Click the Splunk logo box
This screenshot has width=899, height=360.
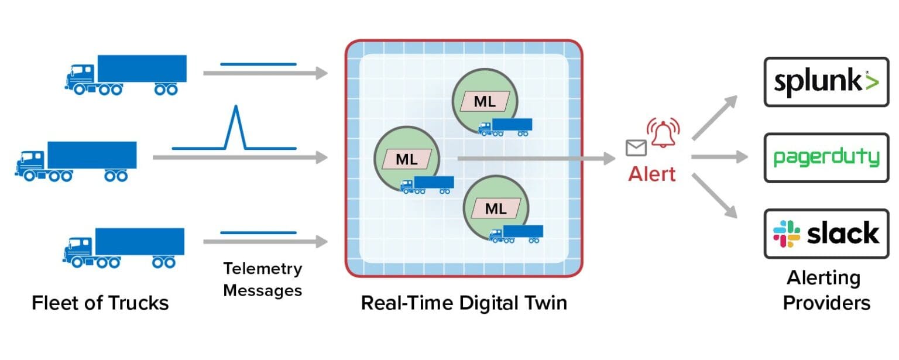[x=826, y=81]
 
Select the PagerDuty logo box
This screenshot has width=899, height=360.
[x=826, y=157]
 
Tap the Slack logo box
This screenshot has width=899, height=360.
[x=826, y=233]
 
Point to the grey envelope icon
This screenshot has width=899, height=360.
[x=636, y=149]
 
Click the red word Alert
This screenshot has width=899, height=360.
[x=651, y=174]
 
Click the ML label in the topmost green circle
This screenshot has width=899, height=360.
[x=485, y=101]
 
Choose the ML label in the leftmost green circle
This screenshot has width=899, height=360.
[x=407, y=159]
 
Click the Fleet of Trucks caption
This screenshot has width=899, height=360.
[x=100, y=303]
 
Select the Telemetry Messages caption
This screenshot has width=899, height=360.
[x=263, y=279]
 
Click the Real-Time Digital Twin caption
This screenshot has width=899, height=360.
[x=464, y=303]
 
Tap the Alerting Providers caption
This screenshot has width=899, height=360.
[x=826, y=290]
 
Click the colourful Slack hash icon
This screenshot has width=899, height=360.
[x=787, y=234]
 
